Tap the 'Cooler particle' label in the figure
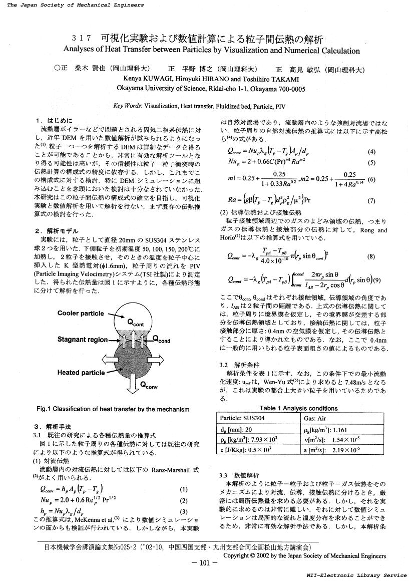81,314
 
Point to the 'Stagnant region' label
82,339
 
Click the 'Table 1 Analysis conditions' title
298,408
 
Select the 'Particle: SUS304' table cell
243,418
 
